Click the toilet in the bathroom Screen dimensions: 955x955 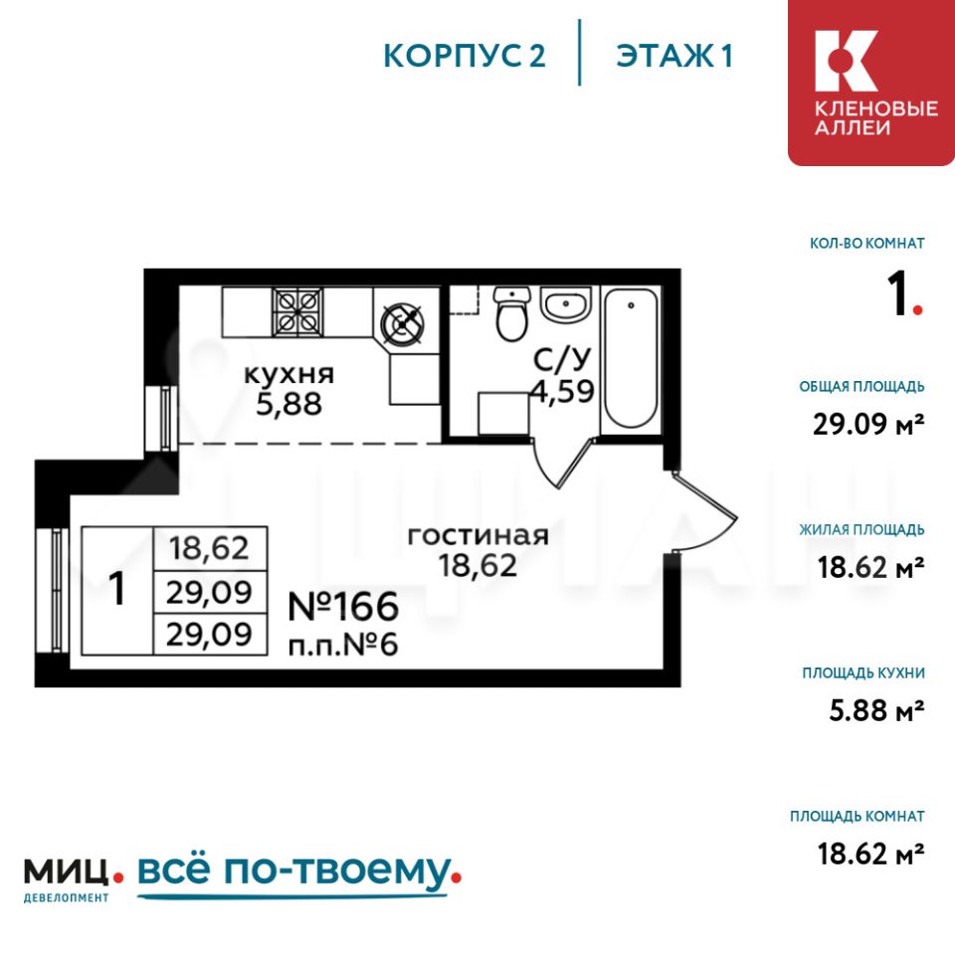pyautogui.click(x=511, y=314)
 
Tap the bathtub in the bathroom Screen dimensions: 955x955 pyautogui.click(x=630, y=359)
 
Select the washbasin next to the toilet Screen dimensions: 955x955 pyautogui.click(x=566, y=304)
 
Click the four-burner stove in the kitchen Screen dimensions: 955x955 pyautogui.click(x=297, y=311)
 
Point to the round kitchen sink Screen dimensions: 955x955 pyautogui.click(x=401, y=322)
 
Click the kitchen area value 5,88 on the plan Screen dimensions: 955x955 pyautogui.click(x=288, y=405)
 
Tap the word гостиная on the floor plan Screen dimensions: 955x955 pyautogui.click(x=478, y=536)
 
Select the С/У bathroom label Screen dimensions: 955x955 pyautogui.click(x=562, y=359)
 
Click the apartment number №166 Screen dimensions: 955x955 pyautogui.click(x=343, y=607)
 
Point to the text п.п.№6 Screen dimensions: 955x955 pyautogui.click(x=343, y=645)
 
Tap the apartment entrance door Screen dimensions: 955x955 pyautogui.click(x=703, y=510)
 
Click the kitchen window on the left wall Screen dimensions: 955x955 pyautogui.click(x=162, y=418)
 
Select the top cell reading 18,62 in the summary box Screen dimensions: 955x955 pyautogui.click(x=210, y=548)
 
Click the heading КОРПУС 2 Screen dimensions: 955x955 pyautogui.click(x=465, y=56)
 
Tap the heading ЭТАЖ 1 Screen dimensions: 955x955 pyautogui.click(x=673, y=56)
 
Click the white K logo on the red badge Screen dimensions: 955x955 pyautogui.click(x=846, y=61)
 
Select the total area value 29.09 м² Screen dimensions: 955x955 pyautogui.click(x=868, y=424)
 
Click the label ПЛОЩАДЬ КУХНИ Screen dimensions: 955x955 pyautogui.click(x=863, y=673)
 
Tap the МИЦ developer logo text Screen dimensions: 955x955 pyautogui.click(x=67, y=871)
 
